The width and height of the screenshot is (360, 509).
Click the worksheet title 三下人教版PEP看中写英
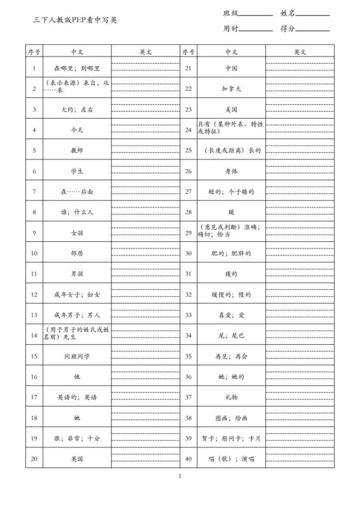tap(75, 20)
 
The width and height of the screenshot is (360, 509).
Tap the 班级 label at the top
tap(231, 13)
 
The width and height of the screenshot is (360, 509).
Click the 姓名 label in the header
tap(288, 13)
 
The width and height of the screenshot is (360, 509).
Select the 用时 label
tap(231, 29)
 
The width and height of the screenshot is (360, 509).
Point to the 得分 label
tap(288, 29)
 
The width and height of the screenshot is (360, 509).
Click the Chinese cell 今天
tap(77, 130)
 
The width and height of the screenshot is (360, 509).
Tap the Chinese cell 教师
tap(77, 150)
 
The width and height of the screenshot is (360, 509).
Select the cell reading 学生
tap(77, 171)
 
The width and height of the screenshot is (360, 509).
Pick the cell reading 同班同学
tap(77, 357)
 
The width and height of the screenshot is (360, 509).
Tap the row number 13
tap(34, 315)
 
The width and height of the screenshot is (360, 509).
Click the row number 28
tap(188, 212)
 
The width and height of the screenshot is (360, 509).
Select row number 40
tap(188, 459)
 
